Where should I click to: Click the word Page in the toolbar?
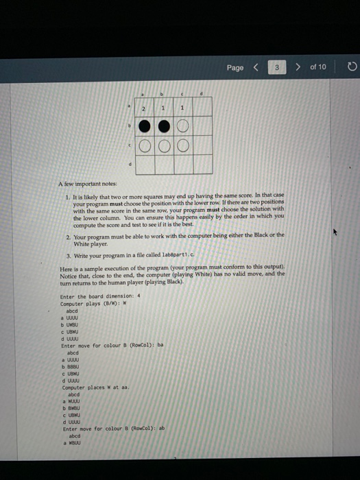coord(235,68)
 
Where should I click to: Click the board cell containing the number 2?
coord(144,108)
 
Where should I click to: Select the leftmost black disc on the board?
coord(144,127)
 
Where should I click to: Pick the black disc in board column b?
coord(163,127)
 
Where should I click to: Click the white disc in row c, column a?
coord(144,146)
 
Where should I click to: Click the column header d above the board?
coord(202,92)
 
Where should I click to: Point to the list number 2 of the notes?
coord(67,234)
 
